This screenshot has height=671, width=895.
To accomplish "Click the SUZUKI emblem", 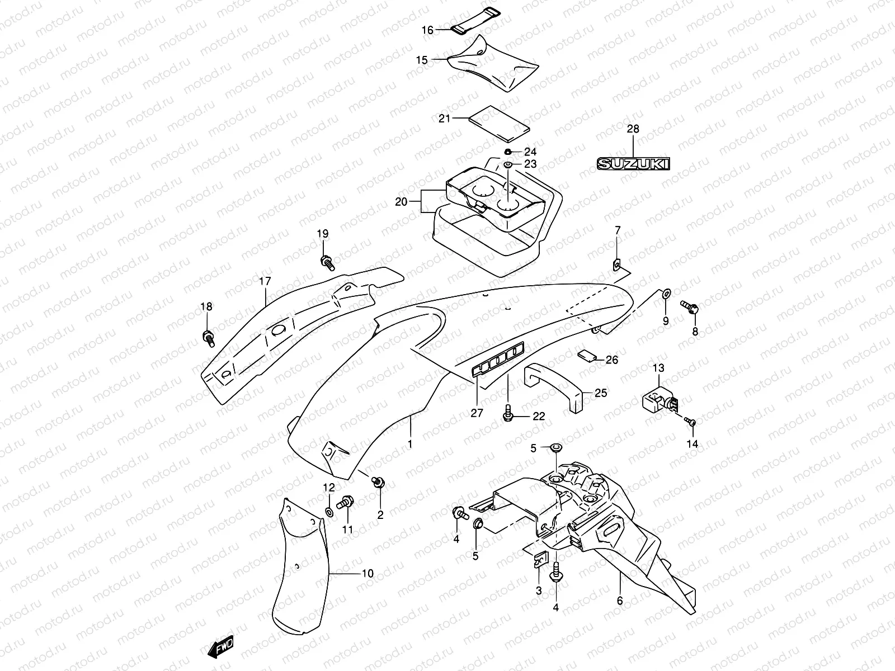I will (x=633, y=163).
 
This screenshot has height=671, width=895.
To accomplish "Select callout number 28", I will (x=633, y=129).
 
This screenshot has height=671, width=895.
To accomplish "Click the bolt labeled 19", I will (x=327, y=262).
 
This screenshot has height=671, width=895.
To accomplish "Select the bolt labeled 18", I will (x=208, y=338).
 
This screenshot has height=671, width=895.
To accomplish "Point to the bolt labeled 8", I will (x=689, y=306).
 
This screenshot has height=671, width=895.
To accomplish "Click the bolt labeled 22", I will (x=508, y=414).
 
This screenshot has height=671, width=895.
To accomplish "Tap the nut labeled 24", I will (x=508, y=152).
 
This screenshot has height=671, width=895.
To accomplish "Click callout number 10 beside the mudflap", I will (x=368, y=574).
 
